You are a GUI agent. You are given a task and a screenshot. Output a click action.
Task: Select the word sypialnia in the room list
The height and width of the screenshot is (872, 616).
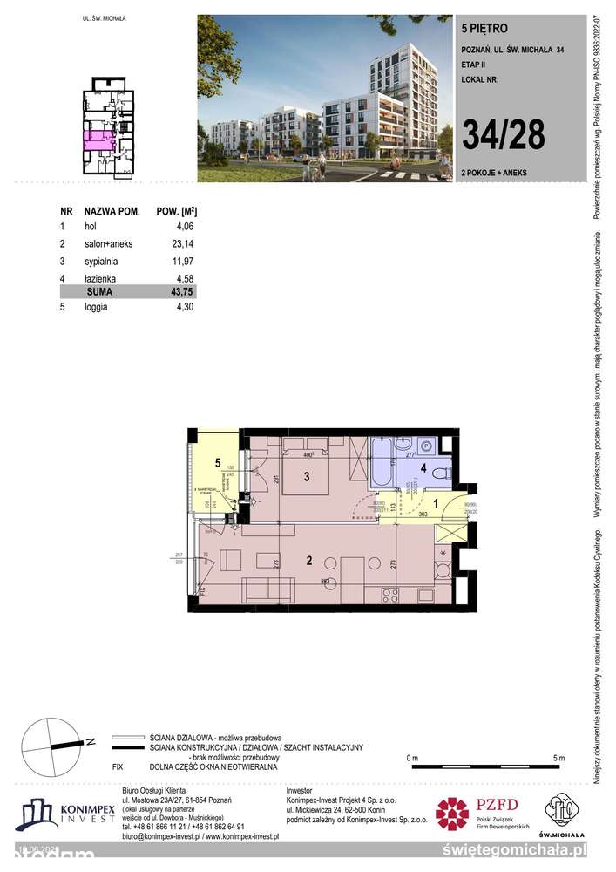coord(101,261)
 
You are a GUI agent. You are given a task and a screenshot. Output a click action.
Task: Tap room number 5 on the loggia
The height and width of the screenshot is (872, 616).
coord(219,463)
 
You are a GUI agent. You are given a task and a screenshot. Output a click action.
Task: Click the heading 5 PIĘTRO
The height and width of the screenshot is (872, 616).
coord(481,27)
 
